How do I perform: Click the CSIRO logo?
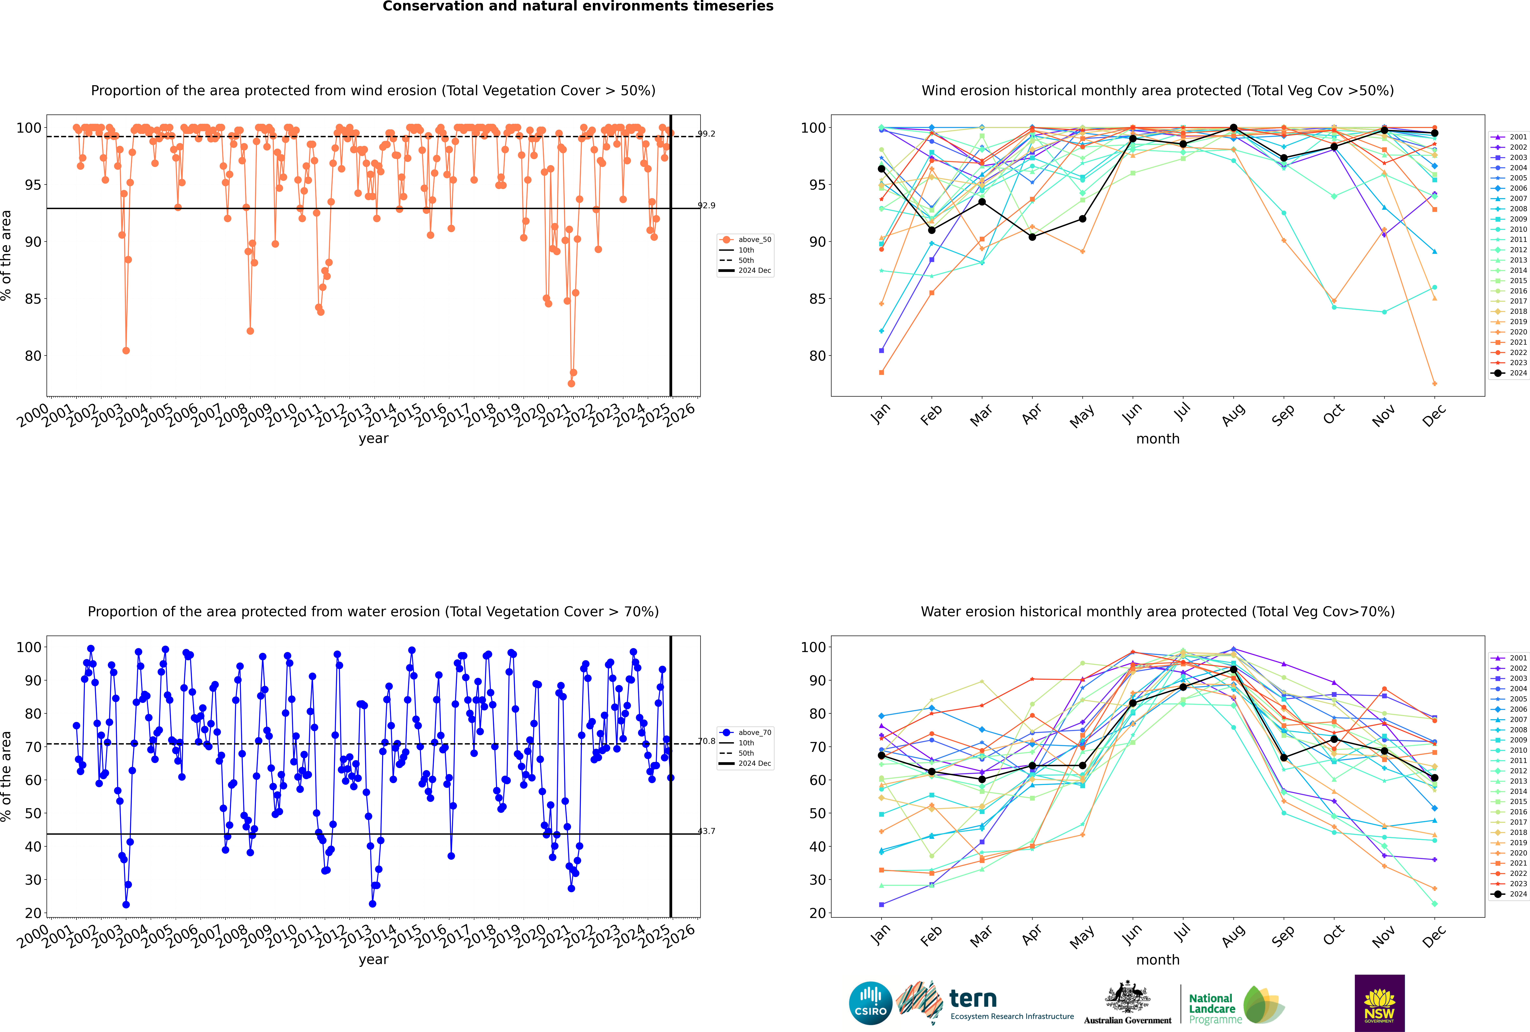870,1003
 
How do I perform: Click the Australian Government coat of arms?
1127,998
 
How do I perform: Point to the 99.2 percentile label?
706,134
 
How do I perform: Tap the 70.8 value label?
706,741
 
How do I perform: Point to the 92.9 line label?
706,205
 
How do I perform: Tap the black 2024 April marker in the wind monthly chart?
1032,237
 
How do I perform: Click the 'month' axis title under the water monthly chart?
1158,960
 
